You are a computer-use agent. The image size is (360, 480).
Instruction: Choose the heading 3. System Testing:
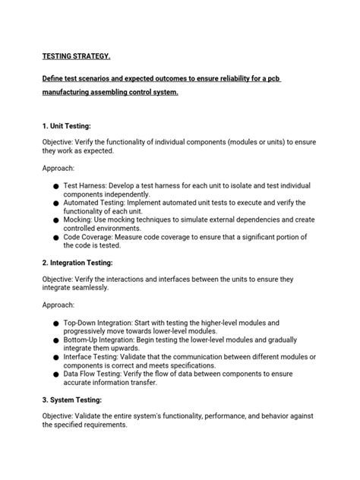(78, 400)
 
